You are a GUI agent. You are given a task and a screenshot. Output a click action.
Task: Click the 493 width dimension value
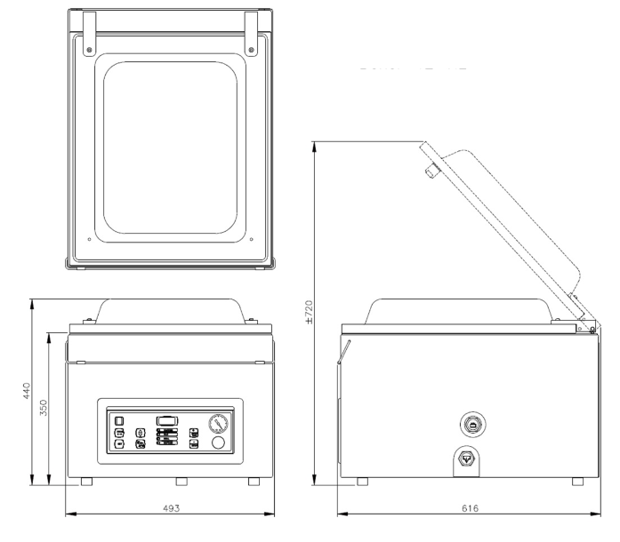click(172, 507)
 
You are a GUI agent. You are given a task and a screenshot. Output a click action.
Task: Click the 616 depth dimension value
click(471, 507)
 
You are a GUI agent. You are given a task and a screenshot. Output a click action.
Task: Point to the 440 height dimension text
click(27, 391)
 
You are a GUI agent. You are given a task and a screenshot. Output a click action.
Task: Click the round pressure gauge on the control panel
click(218, 423)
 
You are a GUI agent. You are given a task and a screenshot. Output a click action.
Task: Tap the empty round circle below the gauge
click(218, 442)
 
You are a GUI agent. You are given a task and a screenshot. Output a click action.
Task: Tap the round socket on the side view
click(469, 422)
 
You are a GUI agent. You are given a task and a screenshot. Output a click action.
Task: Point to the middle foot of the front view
click(181, 482)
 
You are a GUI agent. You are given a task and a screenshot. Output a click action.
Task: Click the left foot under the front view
click(86, 482)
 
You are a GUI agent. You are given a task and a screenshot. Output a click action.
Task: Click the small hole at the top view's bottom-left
click(91, 237)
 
